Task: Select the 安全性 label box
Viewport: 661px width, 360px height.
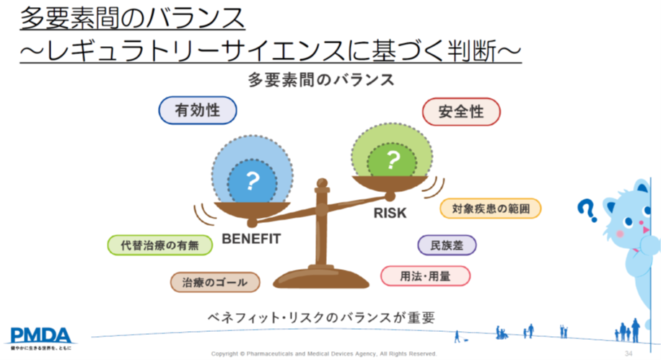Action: click(x=461, y=112)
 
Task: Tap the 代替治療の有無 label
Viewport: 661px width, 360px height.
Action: click(x=160, y=245)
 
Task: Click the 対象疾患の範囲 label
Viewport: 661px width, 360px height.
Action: click(x=491, y=208)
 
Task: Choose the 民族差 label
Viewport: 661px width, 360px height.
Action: click(x=447, y=245)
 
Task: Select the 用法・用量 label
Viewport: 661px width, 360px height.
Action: click(x=425, y=276)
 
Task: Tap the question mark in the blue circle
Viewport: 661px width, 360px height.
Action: click(x=252, y=181)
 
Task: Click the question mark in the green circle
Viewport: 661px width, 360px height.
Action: click(x=393, y=159)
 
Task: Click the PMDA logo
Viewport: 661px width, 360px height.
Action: click(x=39, y=337)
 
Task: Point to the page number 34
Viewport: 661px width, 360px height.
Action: click(x=629, y=354)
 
